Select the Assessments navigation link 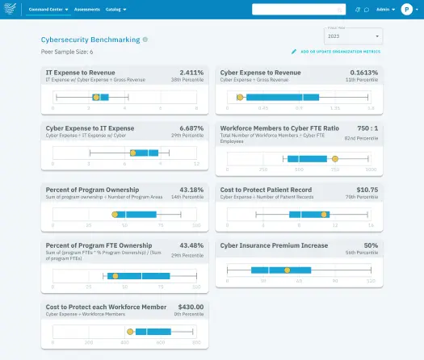(x=86, y=10)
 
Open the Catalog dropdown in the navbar (x=116, y=10)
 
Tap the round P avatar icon (x=407, y=10)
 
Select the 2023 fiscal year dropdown (x=353, y=37)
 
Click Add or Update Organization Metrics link (x=339, y=52)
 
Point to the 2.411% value (x=191, y=72)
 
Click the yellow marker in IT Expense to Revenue (x=96, y=97)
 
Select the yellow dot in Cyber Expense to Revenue (x=240, y=97)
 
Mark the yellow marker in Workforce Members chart (x=335, y=158)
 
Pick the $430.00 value (x=189, y=307)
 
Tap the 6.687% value (x=191, y=128)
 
